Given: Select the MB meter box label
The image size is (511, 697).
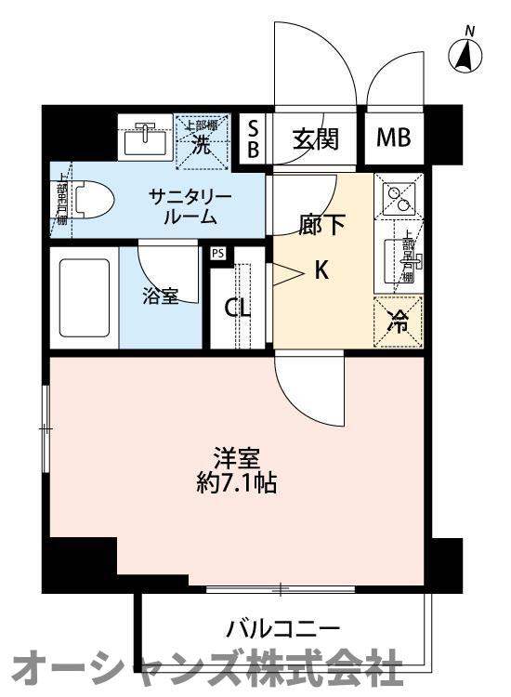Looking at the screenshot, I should click(393, 139).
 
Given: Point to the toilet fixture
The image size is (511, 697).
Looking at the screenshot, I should click(88, 198).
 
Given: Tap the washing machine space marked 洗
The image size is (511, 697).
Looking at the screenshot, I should click(201, 140).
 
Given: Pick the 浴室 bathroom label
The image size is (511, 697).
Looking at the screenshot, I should click(160, 296).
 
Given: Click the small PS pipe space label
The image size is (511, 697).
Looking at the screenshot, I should click(218, 253).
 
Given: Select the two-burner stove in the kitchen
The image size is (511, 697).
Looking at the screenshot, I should click(400, 196).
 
